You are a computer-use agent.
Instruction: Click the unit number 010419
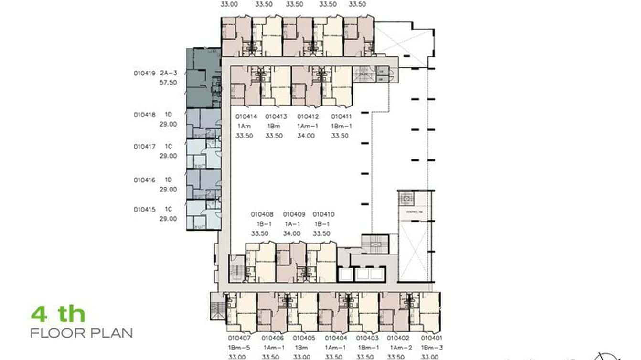click(x=144, y=74)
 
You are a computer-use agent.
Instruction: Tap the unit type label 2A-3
click(x=168, y=74)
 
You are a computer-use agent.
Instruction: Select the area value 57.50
click(x=168, y=83)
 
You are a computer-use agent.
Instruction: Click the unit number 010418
click(x=144, y=115)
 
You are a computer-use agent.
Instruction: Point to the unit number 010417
click(x=144, y=147)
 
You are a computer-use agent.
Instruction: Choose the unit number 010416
click(x=144, y=180)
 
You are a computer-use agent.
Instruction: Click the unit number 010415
click(x=144, y=210)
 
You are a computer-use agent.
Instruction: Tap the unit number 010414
click(x=246, y=117)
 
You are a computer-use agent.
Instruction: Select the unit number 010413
click(x=276, y=117)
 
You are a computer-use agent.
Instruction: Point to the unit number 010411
click(x=342, y=117)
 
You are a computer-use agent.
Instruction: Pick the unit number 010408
click(x=262, y=215)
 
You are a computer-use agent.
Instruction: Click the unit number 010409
click(x=294, y=215)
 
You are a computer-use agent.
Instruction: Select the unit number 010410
click(x=323, y=215)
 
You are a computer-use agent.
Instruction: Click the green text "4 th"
click(x=58, y=315)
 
